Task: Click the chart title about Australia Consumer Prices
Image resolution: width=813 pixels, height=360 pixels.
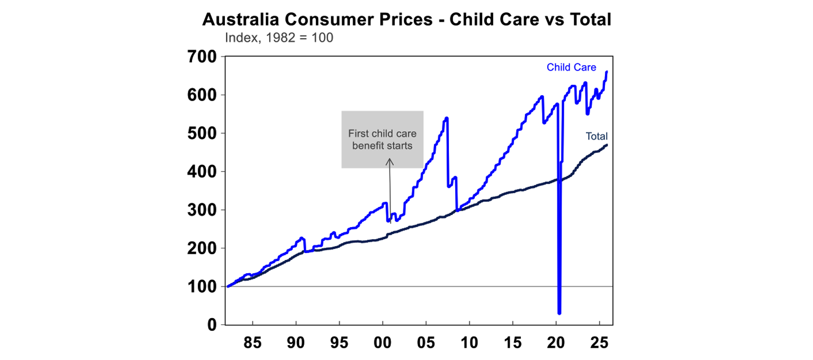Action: [406, 20]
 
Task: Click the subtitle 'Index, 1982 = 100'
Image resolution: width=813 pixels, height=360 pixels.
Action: [279, 38]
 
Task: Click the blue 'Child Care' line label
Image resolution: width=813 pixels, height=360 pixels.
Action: [571, 68]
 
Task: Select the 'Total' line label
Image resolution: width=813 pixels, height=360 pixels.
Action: [596, 136]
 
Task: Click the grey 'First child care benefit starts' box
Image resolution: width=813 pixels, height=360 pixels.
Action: [382, 139]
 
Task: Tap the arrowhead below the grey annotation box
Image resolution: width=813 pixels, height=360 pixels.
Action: [389, 163]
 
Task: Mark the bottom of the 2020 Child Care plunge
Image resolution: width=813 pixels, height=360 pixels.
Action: [559, 312]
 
